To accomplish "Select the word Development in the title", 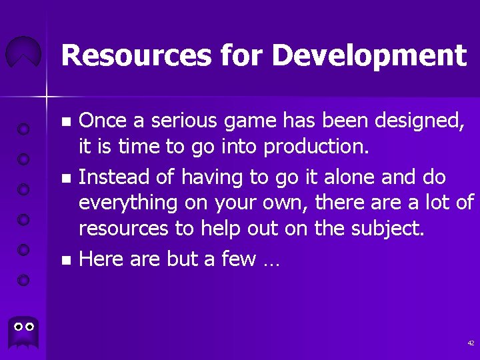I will (x=369, y=57).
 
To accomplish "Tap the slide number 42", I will (x=471, y=343).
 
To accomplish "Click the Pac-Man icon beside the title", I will (x=24, y=53).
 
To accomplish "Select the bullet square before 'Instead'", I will (x=65, y=179).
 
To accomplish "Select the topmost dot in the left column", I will (x=23, y=128).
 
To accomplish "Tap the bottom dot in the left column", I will (x=23, y=279).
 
